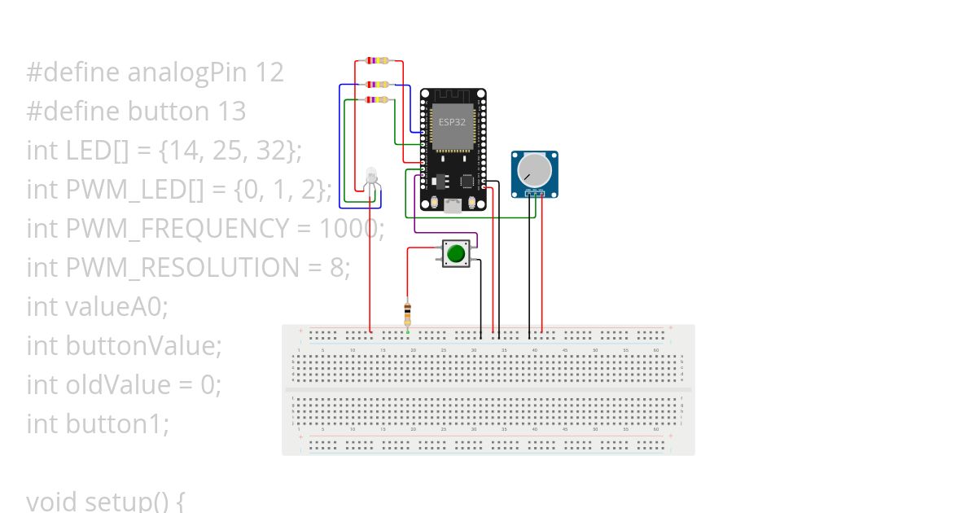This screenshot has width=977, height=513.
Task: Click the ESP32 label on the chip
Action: pos(452,121)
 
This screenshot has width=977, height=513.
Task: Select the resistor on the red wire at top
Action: pos(377,60)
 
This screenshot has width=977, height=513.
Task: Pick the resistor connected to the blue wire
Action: pos(377,84)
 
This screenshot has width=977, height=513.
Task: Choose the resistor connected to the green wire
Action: pos(377,99)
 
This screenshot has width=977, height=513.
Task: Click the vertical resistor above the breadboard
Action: pos(408,312)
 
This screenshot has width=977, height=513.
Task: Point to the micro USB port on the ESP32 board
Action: pos(453,206)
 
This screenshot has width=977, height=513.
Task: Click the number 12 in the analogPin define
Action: pos(269,72)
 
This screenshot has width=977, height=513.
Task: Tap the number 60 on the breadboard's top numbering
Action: pos(656,350)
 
